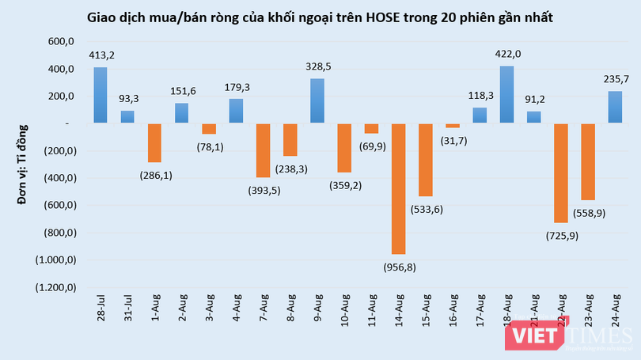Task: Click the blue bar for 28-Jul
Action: pos(101,95)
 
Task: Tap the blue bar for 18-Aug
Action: pos(506,94)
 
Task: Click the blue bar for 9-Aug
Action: pos(317,100)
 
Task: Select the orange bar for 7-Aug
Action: pos(263,150)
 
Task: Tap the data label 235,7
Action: pos(615,79)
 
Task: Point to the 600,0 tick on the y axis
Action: pos(60,43)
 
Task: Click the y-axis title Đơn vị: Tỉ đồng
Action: pos(23,163)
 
